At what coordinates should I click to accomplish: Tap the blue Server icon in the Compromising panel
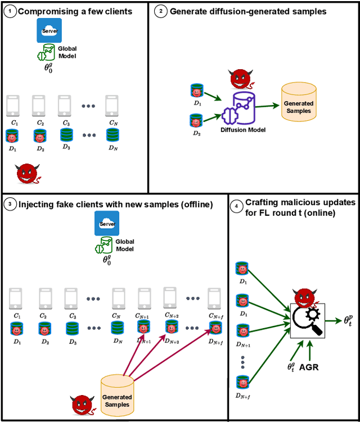(49, 31)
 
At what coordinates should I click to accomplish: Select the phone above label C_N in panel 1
(113, 106)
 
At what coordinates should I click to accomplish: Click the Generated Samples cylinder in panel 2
(299, 101)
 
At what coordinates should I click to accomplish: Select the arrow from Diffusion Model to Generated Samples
(269, 105)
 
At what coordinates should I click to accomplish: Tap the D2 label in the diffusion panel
(196, 134)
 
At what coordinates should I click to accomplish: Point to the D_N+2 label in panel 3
(172, 342)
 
